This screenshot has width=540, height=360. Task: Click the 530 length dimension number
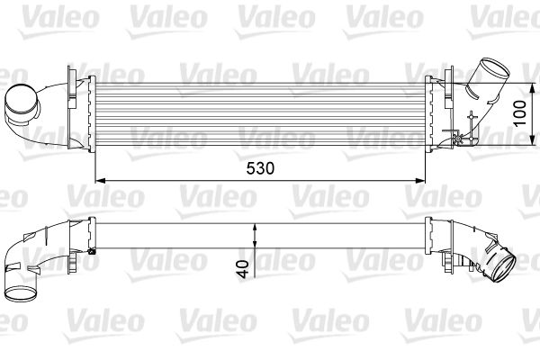point(260,168)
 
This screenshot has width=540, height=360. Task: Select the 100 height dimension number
point(519,113)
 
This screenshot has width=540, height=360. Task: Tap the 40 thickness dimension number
point(243,269)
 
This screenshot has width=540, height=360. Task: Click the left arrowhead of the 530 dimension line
point(100,181)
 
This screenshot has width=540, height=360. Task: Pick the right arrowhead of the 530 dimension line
point(420,181)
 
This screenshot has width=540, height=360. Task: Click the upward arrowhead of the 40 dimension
point(255,229)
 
